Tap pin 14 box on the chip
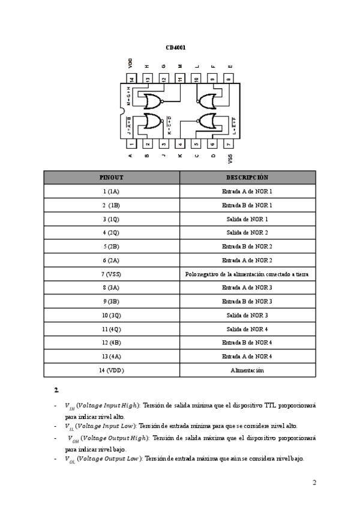(x=131, y=79)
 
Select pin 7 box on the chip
(x=229, y=144)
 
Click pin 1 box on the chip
(x=131, y=144)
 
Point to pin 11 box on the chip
(x=180, y=79)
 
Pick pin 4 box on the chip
(x=180, y=144)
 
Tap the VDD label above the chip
(x=131, y=62)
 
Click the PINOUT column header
(x=111, y=178)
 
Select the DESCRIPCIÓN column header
(x=247, y=178)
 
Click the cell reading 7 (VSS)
(x=111, y=274)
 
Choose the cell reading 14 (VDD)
(x=111, y=370)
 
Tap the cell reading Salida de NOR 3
(x=247, y=315)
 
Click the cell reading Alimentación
(x=247, y=370)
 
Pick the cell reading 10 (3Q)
(x=111, y=315)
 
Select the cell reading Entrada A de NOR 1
(x=247, y=191)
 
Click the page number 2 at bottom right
(x=314, y=482)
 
